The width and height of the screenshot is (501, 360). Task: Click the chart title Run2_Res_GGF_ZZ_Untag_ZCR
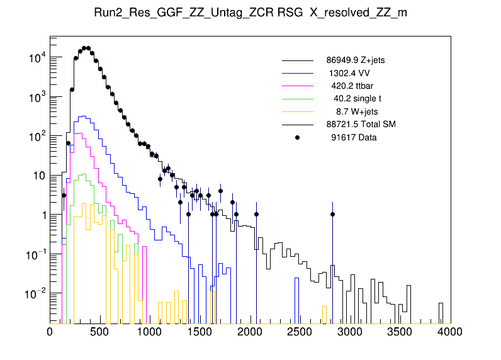tap(250, 13)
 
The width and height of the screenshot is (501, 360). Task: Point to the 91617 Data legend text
tap(354, 137)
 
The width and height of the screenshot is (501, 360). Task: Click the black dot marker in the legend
tap(298, 137)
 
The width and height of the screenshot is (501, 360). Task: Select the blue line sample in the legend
tap(298, 73)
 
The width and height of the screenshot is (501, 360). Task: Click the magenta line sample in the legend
tap(298, 86)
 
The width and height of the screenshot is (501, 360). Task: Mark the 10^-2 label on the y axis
tap(33, 293)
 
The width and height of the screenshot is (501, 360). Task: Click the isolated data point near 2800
tap(332, 215)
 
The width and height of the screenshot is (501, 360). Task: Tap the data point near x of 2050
tap(256, 215)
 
